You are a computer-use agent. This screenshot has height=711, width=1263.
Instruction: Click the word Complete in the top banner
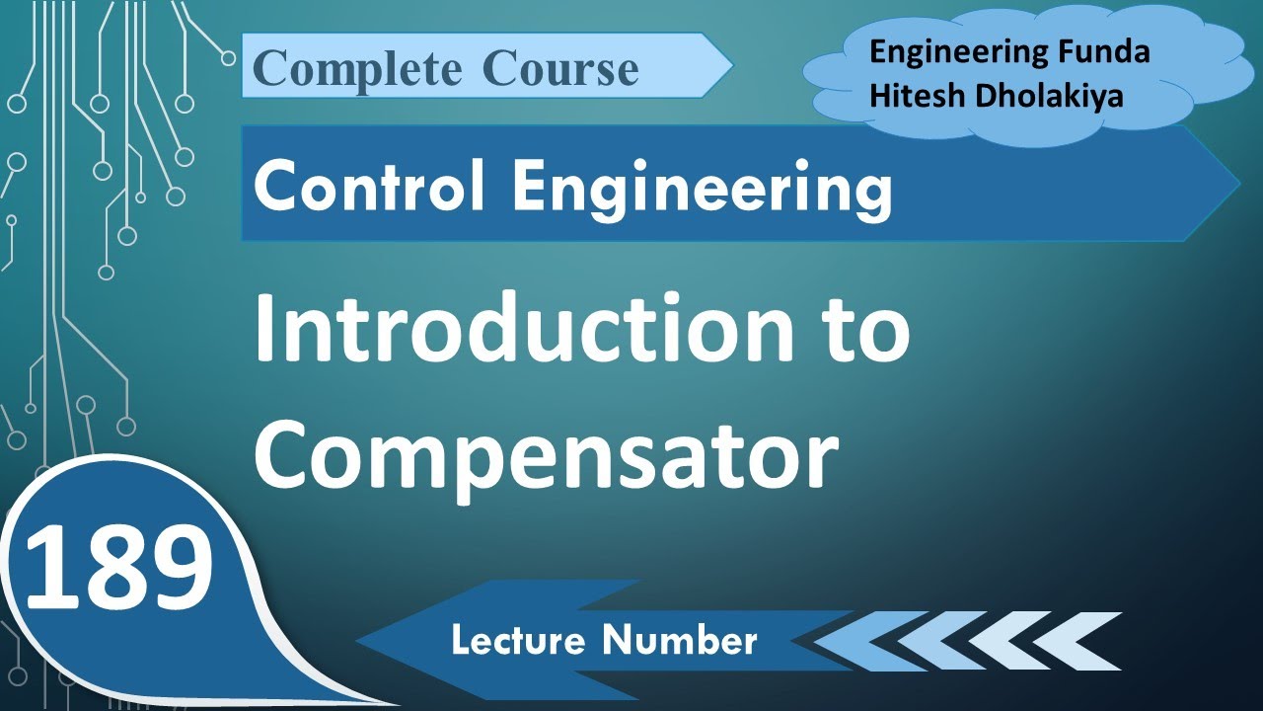click(355, 69)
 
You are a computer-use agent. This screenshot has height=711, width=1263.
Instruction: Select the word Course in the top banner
click(560, 69)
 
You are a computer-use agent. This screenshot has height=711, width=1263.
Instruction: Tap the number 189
click(118, 568)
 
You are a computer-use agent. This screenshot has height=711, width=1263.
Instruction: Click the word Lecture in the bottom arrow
click(519, 641)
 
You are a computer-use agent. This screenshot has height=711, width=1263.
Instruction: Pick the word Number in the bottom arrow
click(681, 641)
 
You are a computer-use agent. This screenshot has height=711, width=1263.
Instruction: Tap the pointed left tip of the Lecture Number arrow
click(361, 641)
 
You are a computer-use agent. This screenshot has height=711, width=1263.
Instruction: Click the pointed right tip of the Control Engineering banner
click(1235, 184)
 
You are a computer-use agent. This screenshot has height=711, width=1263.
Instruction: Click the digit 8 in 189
click(118, 568)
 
